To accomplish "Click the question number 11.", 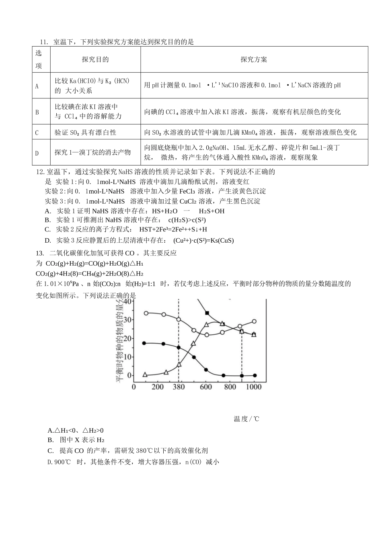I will point(43,42).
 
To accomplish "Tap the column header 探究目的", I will point(95,59).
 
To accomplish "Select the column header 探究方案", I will point(254,59).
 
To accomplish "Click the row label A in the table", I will point(37,86).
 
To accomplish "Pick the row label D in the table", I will point(37,153).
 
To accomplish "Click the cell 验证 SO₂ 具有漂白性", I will point(85,133).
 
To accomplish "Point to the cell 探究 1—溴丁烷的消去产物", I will point(92,152).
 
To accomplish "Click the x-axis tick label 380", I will point(179,387).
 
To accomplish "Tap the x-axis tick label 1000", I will point(254,387).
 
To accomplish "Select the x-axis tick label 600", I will point(206,387).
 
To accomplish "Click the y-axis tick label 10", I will point(127,357).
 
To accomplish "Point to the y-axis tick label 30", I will point(127,320).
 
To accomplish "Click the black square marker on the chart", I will point(207,313).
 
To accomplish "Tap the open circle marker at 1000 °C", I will point(254,321).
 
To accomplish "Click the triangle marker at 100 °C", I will point(145,374).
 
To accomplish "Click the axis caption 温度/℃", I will point(246,419).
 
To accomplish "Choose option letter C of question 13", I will point(50,451).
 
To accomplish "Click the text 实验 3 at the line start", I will point(52,201).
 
